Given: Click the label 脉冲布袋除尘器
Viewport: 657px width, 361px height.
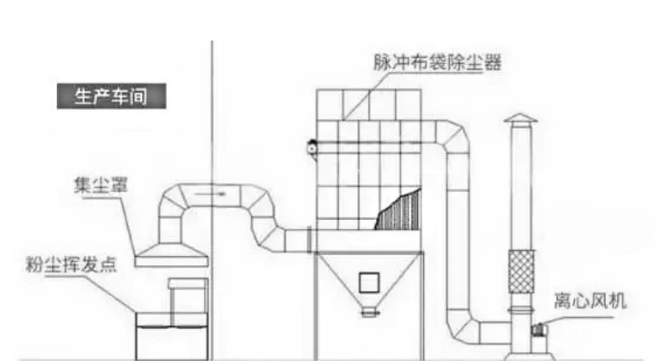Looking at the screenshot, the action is click(437, 63).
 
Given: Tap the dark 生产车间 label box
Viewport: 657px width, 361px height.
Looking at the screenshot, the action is click(112, 96).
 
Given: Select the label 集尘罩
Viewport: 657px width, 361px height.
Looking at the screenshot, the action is click(101, 185).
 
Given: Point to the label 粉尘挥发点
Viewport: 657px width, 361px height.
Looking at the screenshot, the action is click(71, 264).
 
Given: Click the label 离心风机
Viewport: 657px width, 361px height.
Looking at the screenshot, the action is click(590, 301).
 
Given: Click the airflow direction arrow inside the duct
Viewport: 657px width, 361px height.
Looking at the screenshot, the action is click(211, 194).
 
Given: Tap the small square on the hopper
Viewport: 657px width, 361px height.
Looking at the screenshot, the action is click(369, 283).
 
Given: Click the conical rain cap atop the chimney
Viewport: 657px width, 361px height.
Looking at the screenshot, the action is click(521, 118).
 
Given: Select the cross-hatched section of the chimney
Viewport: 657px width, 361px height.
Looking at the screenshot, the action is click(521, 272).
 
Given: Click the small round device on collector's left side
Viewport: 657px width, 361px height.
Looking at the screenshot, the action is click(312, 148).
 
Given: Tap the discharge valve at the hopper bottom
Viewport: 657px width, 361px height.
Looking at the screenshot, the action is click(369, 311).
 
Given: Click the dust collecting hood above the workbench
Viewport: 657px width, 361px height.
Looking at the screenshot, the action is click(171, 255).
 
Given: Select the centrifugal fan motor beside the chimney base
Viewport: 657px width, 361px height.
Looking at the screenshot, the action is click(538, 330).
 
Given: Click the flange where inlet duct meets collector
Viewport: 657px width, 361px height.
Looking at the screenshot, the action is click(310, 240).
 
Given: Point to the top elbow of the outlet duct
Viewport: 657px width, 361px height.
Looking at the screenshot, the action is click(453, 136).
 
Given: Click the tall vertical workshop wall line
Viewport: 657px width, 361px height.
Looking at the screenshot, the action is click(212, 200).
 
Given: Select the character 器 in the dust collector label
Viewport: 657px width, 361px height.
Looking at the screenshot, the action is click(493, 63).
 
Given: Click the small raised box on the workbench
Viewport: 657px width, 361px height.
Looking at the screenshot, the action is click(188, 283).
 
